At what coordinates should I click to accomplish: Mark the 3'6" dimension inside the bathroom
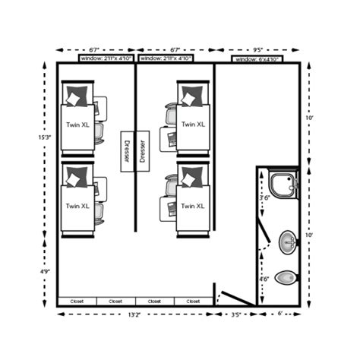[265, 197]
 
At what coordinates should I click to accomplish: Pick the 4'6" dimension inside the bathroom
[264, 279]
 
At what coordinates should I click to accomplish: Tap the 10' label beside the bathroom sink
[309, 235]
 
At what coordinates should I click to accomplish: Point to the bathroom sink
[288, 243]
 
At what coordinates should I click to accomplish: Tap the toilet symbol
[286, 278]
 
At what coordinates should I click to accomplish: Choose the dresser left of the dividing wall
[126, 153]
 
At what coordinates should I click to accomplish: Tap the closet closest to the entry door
[193, 302]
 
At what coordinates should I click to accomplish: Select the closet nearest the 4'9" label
[77, 302]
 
